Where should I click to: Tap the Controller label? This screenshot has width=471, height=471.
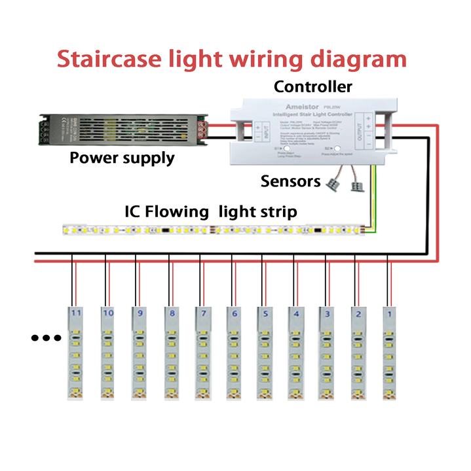click(312, 86)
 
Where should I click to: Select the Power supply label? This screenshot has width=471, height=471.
click(122, 158)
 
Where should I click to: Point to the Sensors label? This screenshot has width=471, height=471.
click(290, 181)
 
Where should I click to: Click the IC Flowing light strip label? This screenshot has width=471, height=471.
click(210, 212)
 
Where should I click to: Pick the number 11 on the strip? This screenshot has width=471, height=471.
click(77, 313)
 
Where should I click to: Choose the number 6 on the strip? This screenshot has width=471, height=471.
click(234, 314)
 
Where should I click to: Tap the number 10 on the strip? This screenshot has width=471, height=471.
click(107, 313)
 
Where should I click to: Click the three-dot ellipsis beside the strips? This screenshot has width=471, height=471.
click(47, 338)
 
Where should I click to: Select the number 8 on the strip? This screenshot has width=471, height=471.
click(172, 314)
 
